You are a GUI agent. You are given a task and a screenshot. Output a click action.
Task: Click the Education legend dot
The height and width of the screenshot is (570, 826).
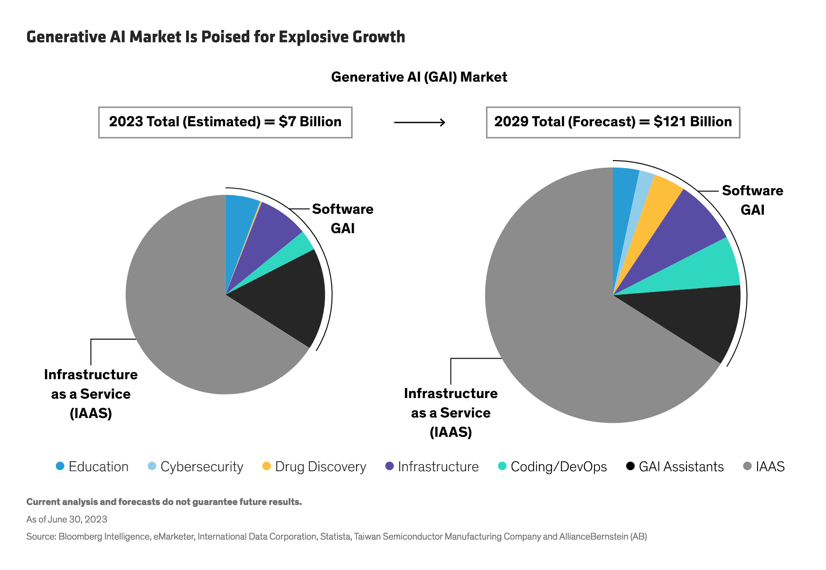60,466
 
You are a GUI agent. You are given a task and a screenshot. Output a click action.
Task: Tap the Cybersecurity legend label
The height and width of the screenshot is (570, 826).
202,466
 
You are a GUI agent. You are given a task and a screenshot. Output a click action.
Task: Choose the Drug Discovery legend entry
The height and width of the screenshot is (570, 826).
320,466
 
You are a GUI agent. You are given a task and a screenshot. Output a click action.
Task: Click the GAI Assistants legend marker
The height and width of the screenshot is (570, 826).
630,466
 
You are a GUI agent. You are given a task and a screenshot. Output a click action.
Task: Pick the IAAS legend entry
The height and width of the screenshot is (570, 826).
770,466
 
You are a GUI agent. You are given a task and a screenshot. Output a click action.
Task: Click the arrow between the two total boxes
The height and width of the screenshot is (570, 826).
420,123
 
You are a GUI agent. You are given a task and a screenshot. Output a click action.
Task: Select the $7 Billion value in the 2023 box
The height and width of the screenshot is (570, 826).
310,122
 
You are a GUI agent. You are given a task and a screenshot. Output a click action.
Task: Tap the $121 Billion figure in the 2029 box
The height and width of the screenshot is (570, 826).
693,122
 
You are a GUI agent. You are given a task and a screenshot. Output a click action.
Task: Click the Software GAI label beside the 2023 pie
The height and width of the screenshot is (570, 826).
342,218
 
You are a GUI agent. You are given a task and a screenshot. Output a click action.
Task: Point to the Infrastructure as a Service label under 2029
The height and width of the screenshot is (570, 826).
451,412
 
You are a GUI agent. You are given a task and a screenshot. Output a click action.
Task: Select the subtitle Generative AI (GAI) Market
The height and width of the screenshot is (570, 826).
419,77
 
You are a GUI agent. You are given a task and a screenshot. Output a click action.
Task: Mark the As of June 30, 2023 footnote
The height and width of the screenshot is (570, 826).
66,519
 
